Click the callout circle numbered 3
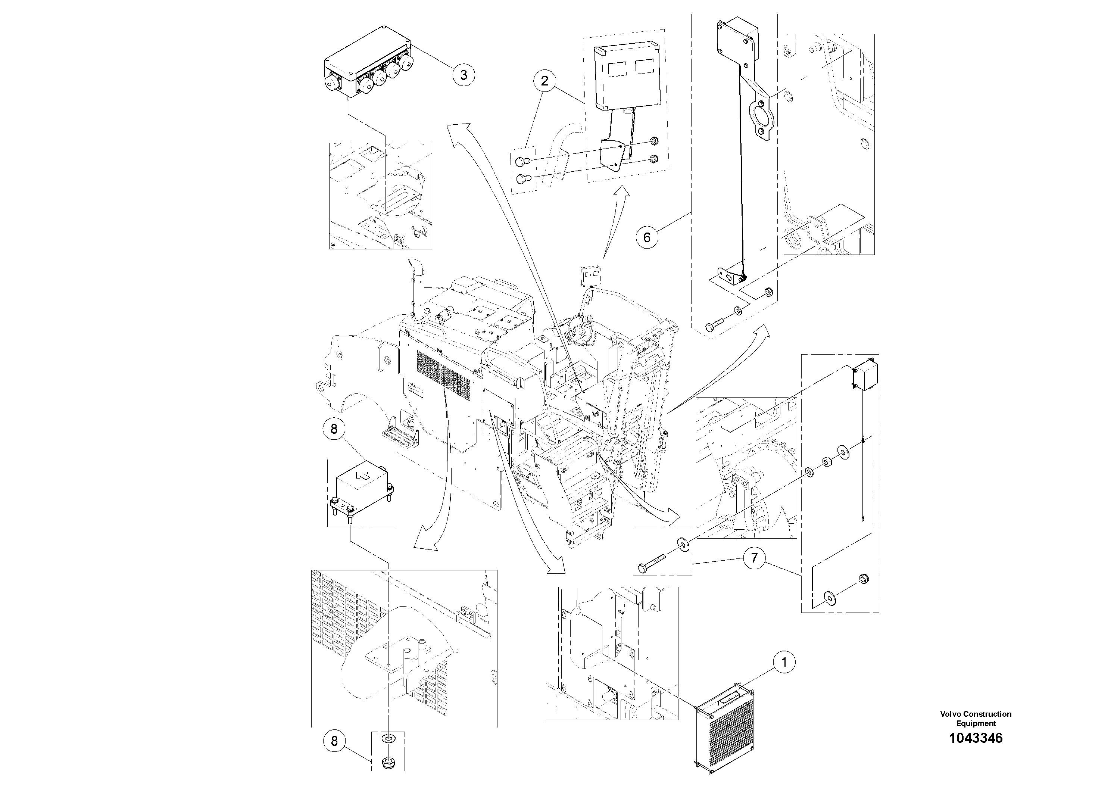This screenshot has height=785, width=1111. (463, 75)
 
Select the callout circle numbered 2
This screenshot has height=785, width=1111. (545, 81)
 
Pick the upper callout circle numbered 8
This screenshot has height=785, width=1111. (334, 429)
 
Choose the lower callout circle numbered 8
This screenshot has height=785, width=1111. (334, 741)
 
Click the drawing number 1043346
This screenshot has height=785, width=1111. (976, 738)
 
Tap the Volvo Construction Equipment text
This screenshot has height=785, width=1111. (976, 718)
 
